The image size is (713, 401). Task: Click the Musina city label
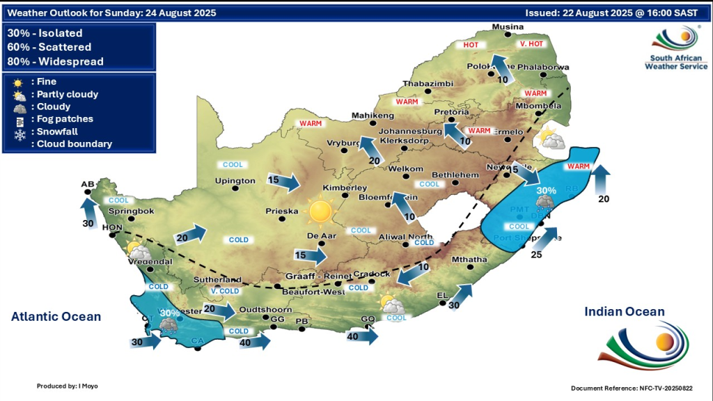[x=507, y=27]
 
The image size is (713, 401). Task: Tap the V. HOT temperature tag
[x=531, y=45]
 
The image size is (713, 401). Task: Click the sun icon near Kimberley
[x=321, y=212]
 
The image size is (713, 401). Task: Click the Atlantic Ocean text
[x=56, y=317]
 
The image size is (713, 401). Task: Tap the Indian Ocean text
[x=625, y=312]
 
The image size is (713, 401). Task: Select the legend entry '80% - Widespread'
[x=55, y=61]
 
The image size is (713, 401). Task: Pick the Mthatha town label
[x=467, y=260]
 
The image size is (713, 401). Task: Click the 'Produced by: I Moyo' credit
[x=68, y=385]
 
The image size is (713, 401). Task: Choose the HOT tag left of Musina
[x=472, y=45]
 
